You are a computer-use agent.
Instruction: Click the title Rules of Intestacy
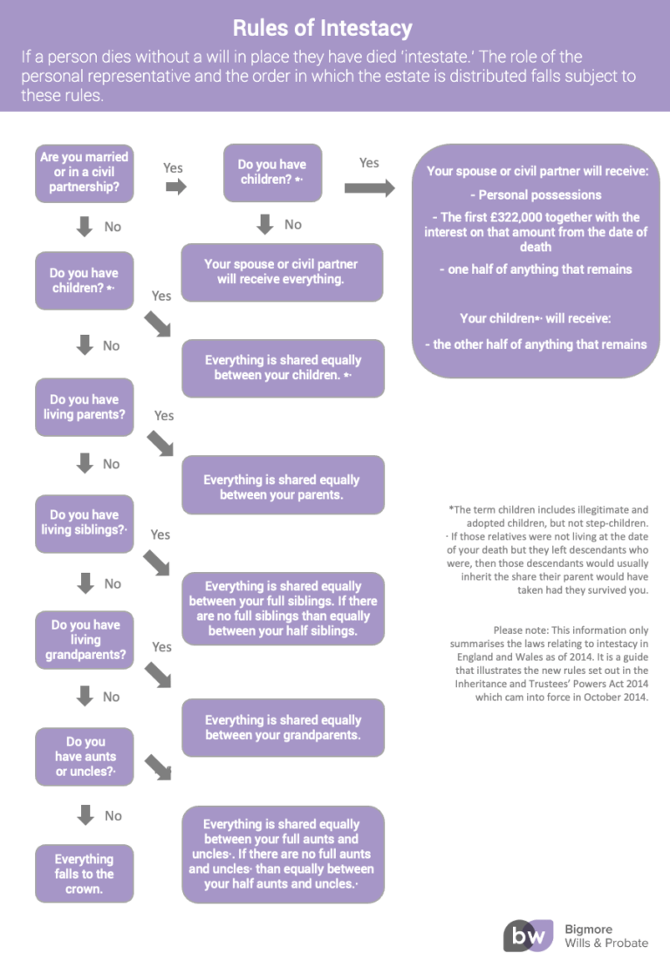click(322, 29)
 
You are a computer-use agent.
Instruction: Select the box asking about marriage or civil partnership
click(85, 174)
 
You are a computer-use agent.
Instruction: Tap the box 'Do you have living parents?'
click(85, 407)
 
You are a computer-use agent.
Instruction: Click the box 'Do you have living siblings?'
click(85, 523)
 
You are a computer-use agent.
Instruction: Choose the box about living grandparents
click(85, 640)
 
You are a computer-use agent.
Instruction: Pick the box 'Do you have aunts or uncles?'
click(85, 757)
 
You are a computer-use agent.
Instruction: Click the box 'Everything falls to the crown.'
click(85, 874)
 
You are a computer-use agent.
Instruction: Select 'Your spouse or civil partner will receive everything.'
click(282, 272)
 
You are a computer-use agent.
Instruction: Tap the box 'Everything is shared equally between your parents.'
click(284, 486)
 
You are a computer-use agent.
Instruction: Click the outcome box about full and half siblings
click(284, 609)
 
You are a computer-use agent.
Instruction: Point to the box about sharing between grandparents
click(284, 728)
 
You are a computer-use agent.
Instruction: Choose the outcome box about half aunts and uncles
click(284, 855)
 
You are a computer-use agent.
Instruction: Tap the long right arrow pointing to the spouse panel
click(370, 187)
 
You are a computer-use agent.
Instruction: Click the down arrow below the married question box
click(85, 227)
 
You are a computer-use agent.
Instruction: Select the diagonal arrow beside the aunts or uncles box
click(158, 768)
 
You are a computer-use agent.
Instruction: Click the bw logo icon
click(528, 936)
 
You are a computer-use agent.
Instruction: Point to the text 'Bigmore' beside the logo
click(589, 930)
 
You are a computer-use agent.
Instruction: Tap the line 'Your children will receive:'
click(536, 318)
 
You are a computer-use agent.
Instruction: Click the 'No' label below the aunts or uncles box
click(113, 816)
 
